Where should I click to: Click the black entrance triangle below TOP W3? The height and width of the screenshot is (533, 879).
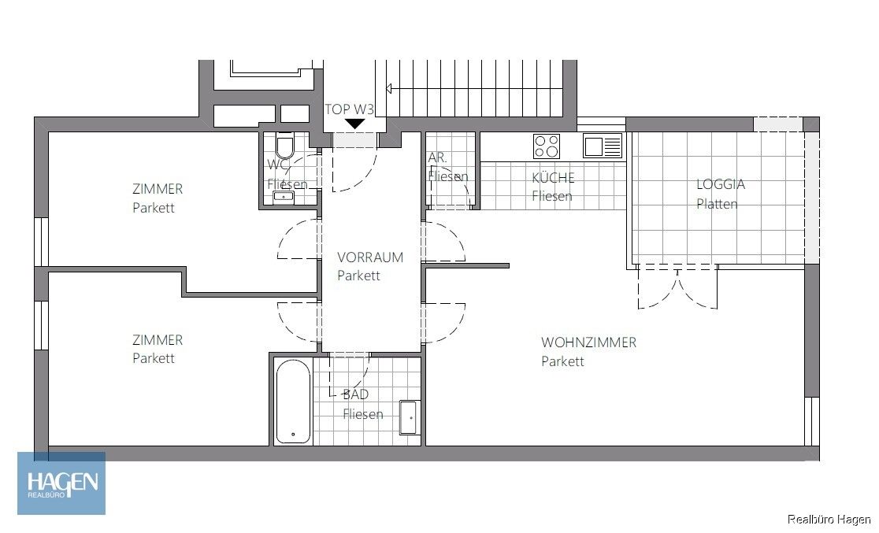355,124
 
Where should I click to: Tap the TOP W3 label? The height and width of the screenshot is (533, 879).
350,109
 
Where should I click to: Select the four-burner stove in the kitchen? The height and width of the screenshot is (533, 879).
547,146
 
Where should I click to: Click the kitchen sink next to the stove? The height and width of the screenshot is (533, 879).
603,146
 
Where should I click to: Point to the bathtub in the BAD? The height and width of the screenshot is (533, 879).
293,402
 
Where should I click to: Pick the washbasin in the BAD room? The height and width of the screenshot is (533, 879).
408,417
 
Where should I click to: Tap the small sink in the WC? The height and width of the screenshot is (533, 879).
284,197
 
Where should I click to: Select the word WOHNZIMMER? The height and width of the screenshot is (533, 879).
588,342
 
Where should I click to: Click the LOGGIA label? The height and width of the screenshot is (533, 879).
720,184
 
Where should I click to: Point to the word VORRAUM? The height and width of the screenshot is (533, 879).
369,257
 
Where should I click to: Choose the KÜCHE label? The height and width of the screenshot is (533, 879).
553,177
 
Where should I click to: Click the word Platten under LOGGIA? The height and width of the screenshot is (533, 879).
717,204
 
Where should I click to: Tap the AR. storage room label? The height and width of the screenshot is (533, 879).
437,158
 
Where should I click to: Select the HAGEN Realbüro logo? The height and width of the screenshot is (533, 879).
62,483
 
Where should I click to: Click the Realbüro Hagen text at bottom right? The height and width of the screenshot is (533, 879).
829,519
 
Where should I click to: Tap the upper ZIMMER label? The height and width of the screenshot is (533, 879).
158,189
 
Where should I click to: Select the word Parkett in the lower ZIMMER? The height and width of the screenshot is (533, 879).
154,358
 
